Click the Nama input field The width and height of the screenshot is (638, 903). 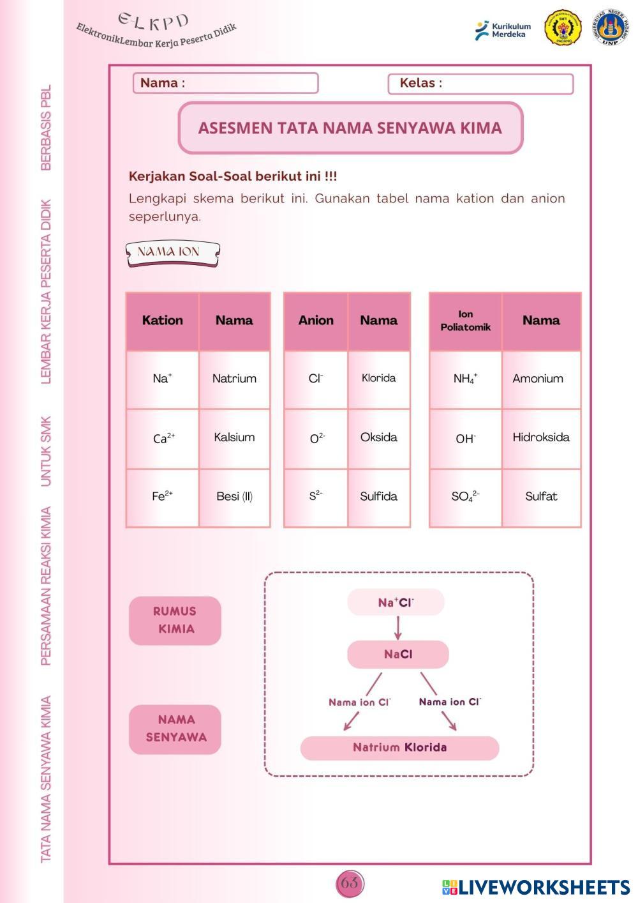(x=249, y=83)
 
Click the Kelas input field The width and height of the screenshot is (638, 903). (x=504, y=84)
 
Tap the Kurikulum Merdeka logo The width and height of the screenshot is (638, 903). (x=503, y=30)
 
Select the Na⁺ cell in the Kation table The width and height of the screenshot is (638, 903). (x=163, y=379)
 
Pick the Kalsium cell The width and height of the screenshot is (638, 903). (x=234, y=437)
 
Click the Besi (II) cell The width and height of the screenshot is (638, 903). (x=234, y=496)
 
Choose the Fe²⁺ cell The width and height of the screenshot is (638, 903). (x=163, y=496)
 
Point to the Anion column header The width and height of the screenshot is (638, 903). (x=316, y=321)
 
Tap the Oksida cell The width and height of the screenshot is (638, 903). (x=378, y=437)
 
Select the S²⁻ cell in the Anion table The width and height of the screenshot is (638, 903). (x=316, y=496)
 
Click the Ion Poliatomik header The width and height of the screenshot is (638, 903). (x=465, y=321)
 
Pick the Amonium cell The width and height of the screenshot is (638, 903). (x=540, y=379)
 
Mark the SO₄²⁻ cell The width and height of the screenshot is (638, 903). (x=465, y=496)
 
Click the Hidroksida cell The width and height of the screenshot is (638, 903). (x=540, y=437)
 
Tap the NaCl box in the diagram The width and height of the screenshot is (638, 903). (x=398, y=654)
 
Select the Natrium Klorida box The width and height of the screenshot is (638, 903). (x=399, y=748)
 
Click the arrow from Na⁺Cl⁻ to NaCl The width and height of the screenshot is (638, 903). (x=397, y=627)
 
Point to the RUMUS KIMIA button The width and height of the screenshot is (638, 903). (x=175, y=620)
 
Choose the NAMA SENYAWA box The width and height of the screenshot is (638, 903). (x=175, y=729)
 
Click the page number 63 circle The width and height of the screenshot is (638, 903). (x=350, y=883)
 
